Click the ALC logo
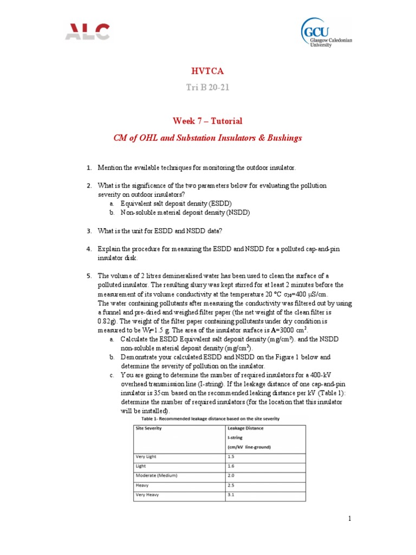87,32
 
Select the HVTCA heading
207,71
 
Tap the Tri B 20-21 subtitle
207,88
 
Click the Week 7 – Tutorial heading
207,121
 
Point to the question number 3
89,231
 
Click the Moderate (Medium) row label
158,476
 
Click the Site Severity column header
148,428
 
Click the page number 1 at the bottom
350,519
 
